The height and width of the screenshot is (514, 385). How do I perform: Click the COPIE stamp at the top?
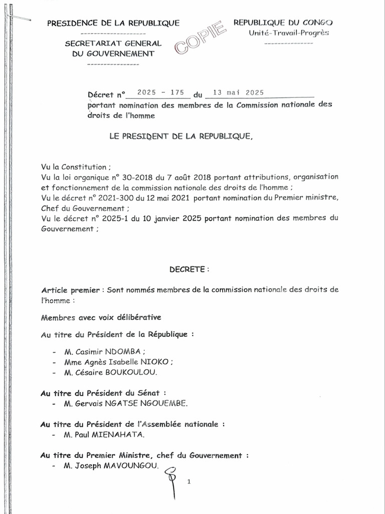tap(200, 40)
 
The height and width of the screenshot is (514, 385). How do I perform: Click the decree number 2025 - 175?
tap(157, 93)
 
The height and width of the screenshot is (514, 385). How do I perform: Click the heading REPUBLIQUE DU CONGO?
tap(283, 23)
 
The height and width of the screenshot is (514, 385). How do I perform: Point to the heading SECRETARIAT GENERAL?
tap(113, 44)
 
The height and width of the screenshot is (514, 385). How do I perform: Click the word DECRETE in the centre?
tap(188, 270)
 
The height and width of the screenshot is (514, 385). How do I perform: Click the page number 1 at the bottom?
tap(189, 482)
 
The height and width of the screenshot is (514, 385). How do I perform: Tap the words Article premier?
tap(64, 291)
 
